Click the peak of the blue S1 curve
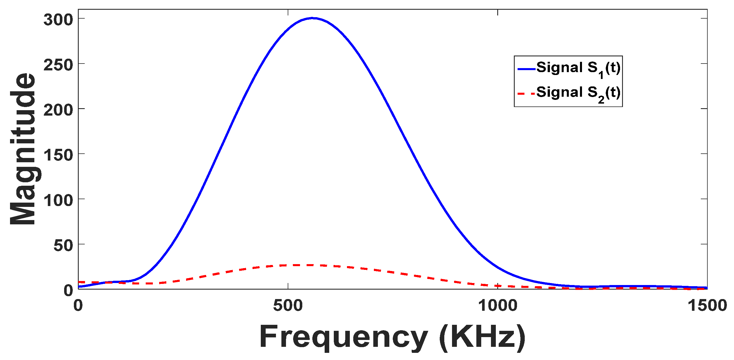(313, 18)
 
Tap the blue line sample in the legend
(526, 69)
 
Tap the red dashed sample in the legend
(526, 94)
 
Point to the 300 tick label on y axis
(58, 20)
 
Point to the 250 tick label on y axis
(58, 65)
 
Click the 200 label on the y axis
(58, 110)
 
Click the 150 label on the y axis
(58, 155)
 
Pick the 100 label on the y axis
(58, 200)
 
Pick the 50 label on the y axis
(63, 246)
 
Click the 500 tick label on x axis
(288, 305)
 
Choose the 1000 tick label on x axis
(498, 305)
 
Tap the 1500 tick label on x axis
(707, 305)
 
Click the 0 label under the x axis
(78, 305)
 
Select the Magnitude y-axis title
(23, 149)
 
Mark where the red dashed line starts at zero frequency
(79, 282)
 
